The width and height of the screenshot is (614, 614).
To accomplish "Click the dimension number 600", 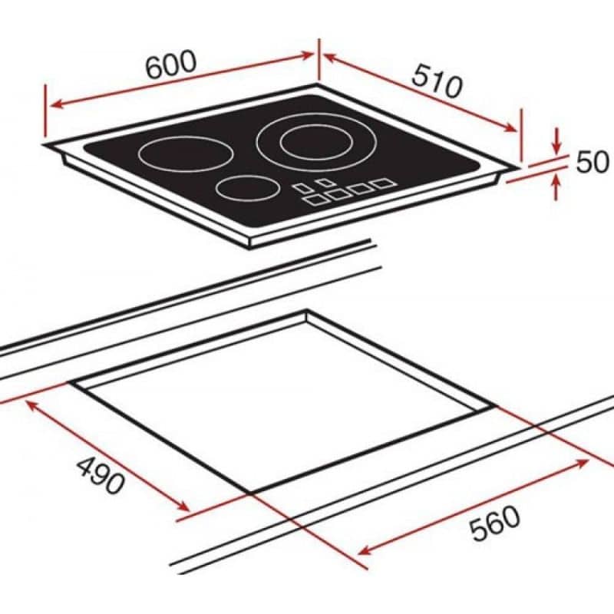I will pyautogui.click(x=170, y=68).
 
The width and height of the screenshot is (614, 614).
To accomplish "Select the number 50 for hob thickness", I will pyautogui.click(x=591, y=162).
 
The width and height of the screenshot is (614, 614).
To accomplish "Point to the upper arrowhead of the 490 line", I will pyautogui.click(x=33, y=404).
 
